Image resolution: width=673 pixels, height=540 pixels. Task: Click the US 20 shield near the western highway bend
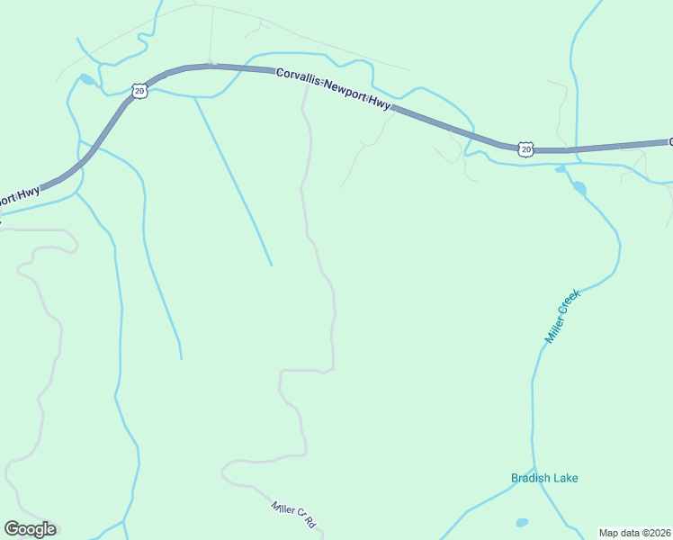[x=139, y=90]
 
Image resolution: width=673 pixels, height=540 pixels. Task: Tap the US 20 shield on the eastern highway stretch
[x=525, y=148]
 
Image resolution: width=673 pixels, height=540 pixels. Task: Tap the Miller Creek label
[x=559, y=316]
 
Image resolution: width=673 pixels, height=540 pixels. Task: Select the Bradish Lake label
[x=544, y=478]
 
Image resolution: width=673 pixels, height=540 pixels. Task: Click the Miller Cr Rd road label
[x=295, y=514]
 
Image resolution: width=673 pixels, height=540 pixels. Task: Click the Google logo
[x=30, y=529]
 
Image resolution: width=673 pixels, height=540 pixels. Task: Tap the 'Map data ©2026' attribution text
[x=634, y=533]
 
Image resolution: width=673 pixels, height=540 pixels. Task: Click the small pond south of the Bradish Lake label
[x=522, y=522]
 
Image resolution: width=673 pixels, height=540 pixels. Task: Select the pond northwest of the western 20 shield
[x=86, y=79]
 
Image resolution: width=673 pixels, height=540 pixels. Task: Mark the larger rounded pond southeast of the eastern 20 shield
[x=579, y=188]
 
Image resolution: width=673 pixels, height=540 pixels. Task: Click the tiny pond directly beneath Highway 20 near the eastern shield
[x=561, y=169]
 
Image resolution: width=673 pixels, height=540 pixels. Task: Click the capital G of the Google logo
[x=12, y=528]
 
